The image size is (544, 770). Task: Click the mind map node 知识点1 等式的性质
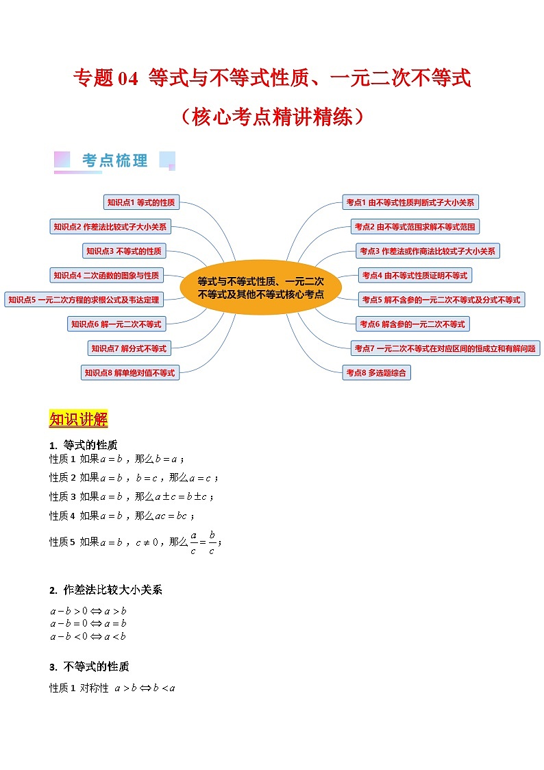(141, 202)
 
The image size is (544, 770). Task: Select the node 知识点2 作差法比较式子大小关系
(110, 227)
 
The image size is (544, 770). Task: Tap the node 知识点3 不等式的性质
(124, 251)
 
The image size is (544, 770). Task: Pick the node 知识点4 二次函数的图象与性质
(106, 276)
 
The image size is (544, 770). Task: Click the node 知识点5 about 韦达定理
(83, 300)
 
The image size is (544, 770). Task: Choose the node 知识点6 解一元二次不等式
(116, 324)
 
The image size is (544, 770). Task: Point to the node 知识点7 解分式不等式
(129, 348)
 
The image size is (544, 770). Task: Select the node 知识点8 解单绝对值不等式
(129, 373)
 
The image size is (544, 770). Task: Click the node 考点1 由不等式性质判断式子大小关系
(410, 202)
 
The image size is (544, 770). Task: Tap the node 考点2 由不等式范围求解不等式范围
(415, 227)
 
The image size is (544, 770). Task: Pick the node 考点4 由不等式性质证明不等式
(415, 276)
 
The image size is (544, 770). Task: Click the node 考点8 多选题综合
(377, 373)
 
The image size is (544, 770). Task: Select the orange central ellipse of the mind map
(260, 287)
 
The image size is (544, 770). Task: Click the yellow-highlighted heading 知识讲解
(78, 420)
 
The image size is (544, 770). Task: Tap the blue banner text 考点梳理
(114, 161)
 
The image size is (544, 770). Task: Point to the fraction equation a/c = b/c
(203, 542)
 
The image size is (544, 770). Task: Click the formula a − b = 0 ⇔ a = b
(88, 623)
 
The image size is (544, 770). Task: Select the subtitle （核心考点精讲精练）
(272, 117)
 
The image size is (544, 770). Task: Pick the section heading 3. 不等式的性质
(89, 666)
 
